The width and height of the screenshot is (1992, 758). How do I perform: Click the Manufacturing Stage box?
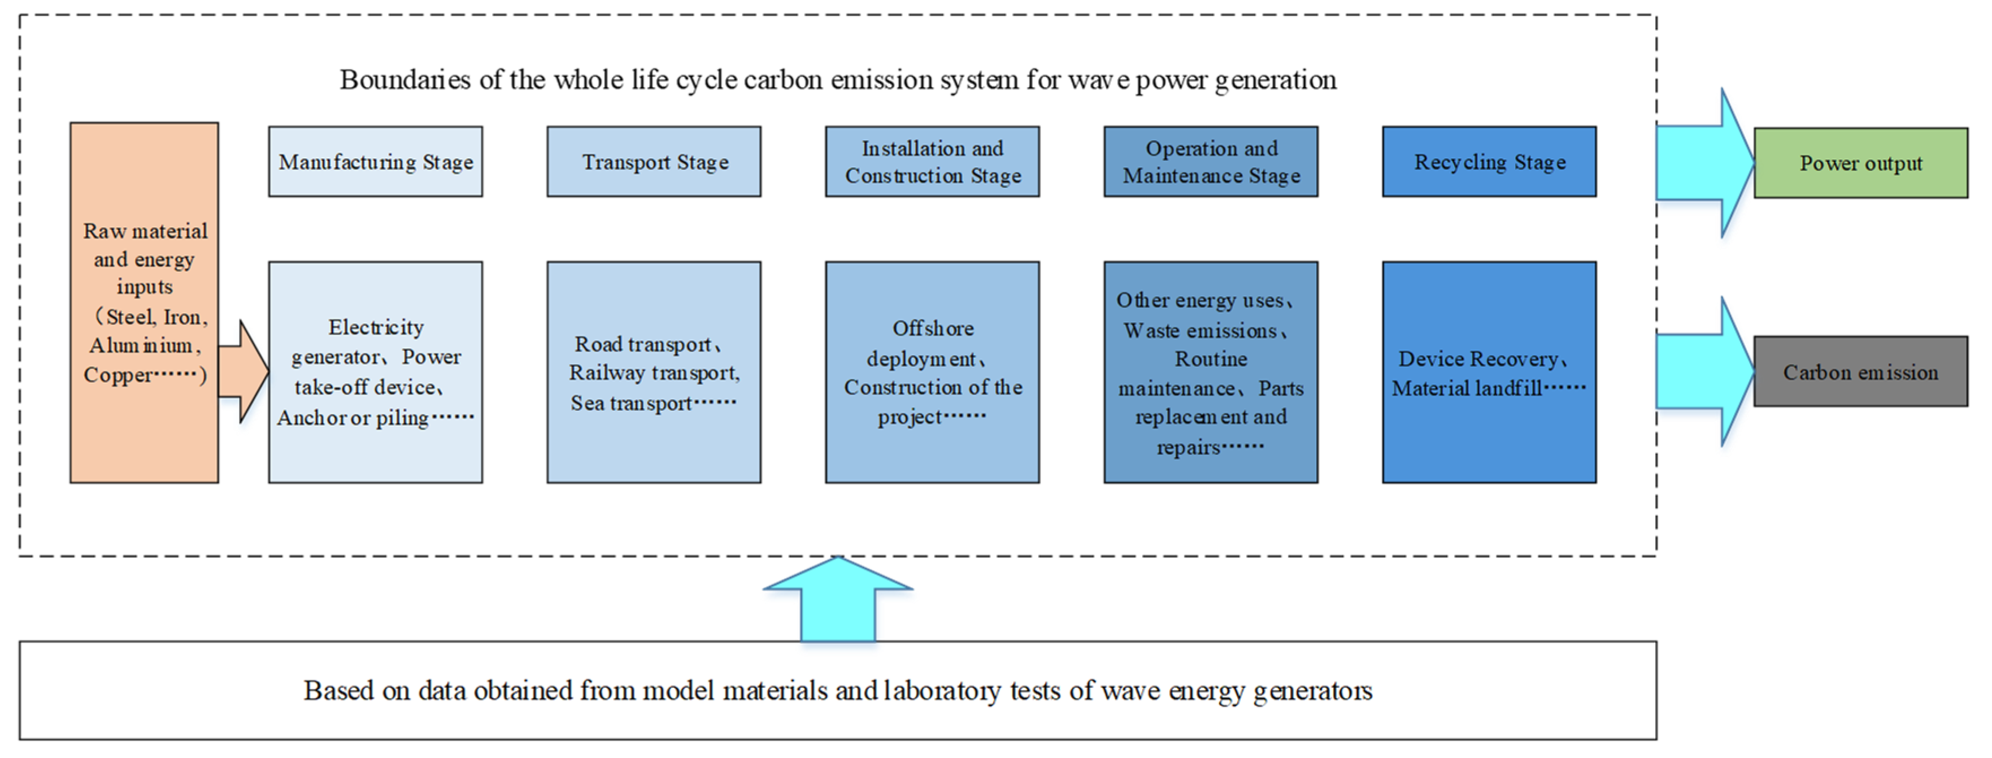pos(375,162)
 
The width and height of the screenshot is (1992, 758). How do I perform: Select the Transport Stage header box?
pos(654,162)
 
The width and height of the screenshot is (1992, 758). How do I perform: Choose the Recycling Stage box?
pos(1489,162)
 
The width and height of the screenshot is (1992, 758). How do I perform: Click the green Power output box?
pos(1860,163)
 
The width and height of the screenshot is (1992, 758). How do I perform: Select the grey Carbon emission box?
pos(1860,371)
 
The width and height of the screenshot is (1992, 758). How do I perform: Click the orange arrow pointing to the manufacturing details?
pos(243,371)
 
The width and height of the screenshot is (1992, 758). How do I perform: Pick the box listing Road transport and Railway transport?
pos(654,372)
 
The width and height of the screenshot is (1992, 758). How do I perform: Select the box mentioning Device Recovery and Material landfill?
pos(1489,372)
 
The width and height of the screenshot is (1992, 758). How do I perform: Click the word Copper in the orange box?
pos(118,375)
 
